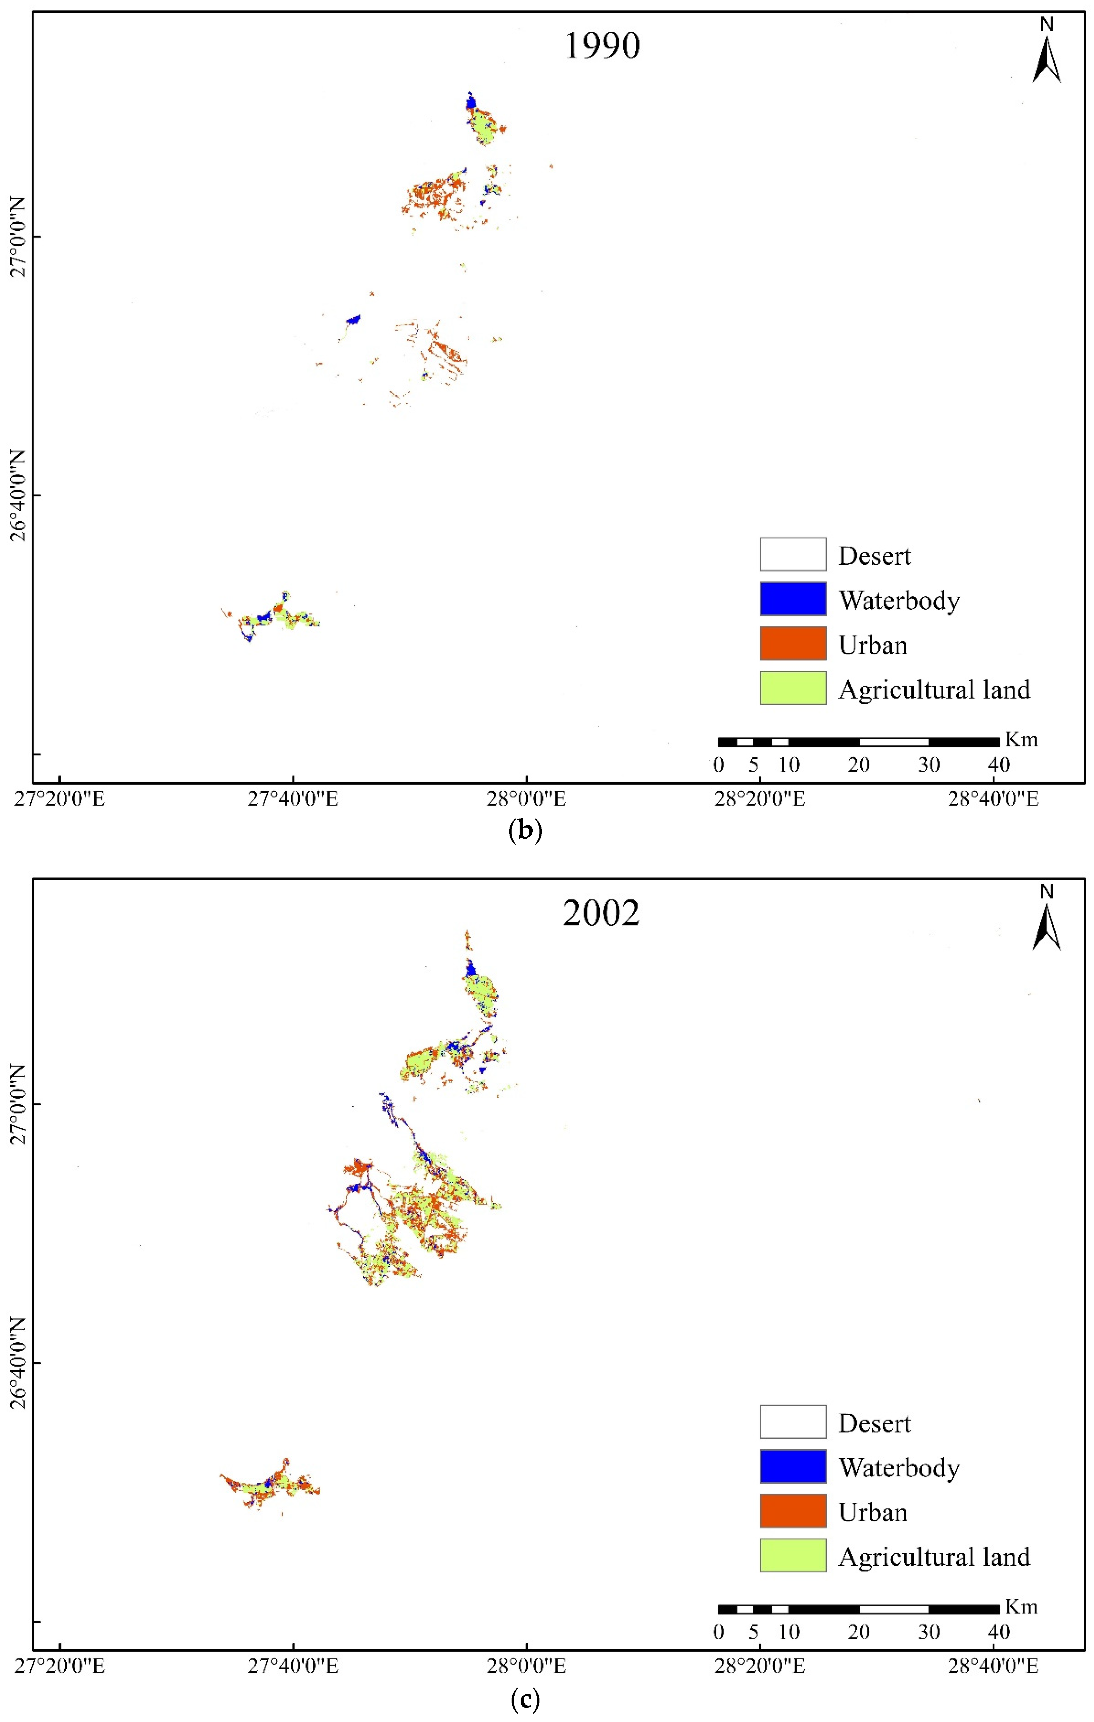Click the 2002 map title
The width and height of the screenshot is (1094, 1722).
pyautogui.click(x=601, y=913)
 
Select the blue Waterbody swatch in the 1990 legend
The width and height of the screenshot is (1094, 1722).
pyautogui.click(x=793, y=599)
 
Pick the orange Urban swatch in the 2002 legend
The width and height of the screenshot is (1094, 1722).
pyautogui.click(x=793, y=1510)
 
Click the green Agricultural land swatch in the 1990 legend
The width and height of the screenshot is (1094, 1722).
pyautogui.click(x=793, y=688)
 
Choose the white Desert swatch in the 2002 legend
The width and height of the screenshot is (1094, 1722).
pyautogui.click(x=793, y=1422)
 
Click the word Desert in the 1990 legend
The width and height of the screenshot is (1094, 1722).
pyautogui.click(x=874, y=556)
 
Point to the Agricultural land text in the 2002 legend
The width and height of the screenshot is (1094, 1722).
pyautogui.click(x=934, y=1556)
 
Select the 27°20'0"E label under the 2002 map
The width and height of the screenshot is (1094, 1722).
pyautogui.click(x=59, y=1666)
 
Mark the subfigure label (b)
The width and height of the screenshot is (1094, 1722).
pyautogui.click(x=525, y=831)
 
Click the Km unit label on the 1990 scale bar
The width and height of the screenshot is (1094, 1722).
pyautogui.click(x=1021, y=739)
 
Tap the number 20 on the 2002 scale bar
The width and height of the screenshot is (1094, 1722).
pyautogui.click(x=859, y=1632)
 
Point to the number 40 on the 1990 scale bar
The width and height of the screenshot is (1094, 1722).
pyautogui.click(x=999, y=765)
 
